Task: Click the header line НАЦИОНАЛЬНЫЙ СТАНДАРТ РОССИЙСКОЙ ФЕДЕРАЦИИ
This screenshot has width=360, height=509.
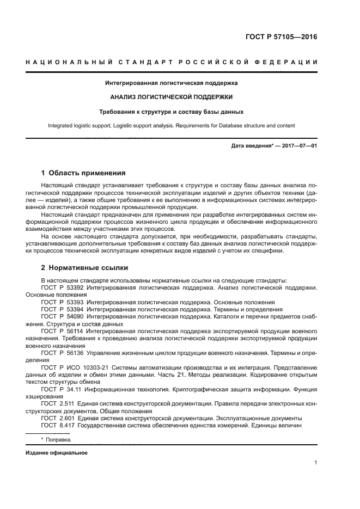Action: pyautogui.click(x=172, y=62)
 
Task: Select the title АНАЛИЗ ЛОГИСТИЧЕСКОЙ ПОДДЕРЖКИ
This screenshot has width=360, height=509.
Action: pyautogui.click(x=172, y=97)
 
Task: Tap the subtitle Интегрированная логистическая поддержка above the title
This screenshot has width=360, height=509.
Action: pyautogui.click(x=172, y=83)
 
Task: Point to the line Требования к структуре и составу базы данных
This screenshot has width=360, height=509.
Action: pyautogui.click(x=172, y=111)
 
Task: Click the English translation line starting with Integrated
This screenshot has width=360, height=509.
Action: pyautogui.click(x=172, y=125)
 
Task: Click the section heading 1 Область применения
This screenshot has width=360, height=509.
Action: pyautogui.click(x=84, y=173)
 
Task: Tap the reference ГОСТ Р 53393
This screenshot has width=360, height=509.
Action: pyautogui.click(x=62, y=302)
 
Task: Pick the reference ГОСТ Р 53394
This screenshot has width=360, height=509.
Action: pyautogui.click(x=62, y=309)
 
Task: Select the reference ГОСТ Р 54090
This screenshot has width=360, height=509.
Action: pyautogui.click(x=62, y=316)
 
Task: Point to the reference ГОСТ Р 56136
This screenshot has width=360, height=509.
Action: pyautogui.click(x=62, y=352)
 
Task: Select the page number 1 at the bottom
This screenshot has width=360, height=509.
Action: pyautogui.click(x=316, y=463)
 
